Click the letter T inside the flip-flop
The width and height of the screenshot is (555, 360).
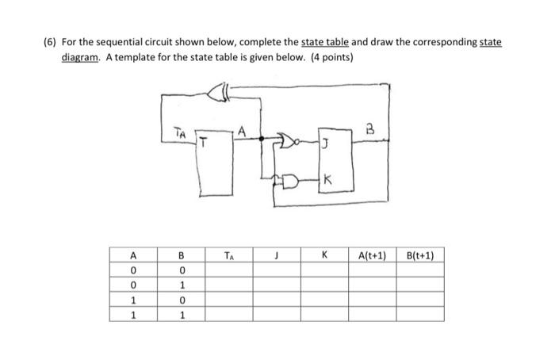[x=203, y=144]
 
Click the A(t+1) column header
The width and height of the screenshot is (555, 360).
[x=372, y=255]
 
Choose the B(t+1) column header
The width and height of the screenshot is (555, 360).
[x=419, y=255]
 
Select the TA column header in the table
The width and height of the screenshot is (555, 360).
[x=228, y=255]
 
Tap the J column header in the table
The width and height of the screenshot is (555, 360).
[x=277, y=255]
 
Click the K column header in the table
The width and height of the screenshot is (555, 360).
[x=324, y=255]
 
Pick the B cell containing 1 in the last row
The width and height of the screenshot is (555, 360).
[x=181, y=314]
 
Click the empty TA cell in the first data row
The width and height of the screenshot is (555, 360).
[x=228, y=270]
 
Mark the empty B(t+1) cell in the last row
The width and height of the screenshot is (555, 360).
[x=419, y=314]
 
